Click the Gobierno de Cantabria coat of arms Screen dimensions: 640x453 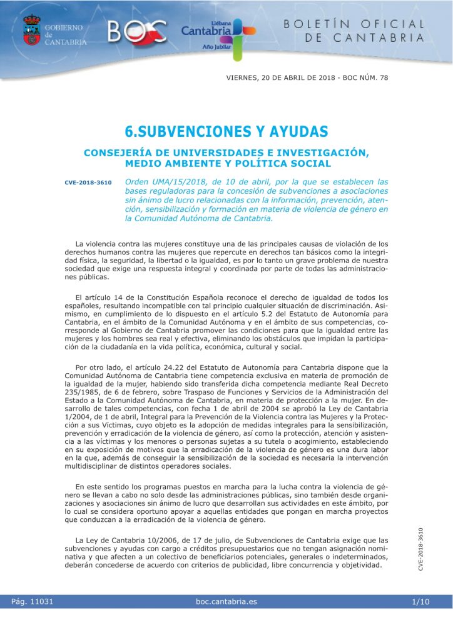(x=31, y=30)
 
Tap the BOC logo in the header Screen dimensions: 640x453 (x=138, y=31)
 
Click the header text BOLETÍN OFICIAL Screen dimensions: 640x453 (x=354, y=24)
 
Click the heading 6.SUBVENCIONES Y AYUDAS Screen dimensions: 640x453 (x=227, y=132)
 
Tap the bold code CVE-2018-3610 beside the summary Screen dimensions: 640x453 (x=88, y=183)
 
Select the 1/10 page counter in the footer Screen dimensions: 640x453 (x=420, y=602)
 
